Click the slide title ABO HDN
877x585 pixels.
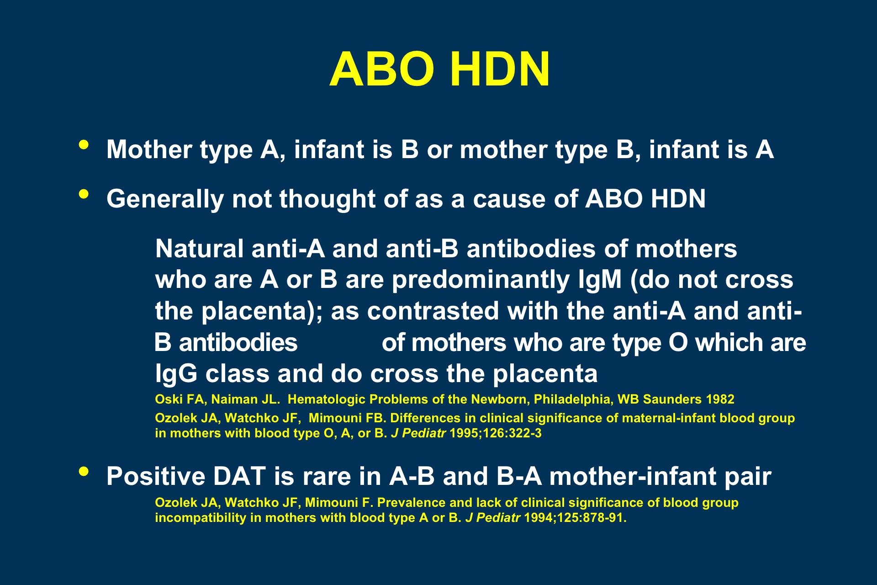(x=439, y=69)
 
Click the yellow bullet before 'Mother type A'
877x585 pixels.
(x=84, y=145)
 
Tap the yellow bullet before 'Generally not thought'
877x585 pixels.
(x=84, y=194)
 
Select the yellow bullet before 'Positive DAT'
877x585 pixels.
(x=84, y=471)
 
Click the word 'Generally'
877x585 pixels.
(x=165, y=199)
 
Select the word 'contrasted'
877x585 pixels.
(x=433, y=311)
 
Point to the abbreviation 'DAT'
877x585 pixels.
(x=239, y=476)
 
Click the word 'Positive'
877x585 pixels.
(x=155, y=476)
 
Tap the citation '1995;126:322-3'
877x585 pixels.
(x=496, y=433)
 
